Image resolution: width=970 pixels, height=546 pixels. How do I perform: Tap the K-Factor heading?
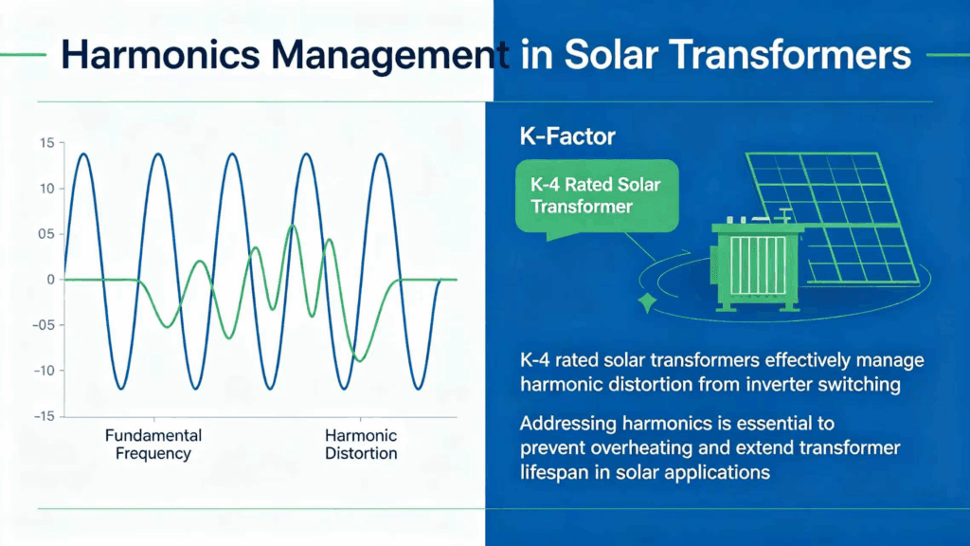567,137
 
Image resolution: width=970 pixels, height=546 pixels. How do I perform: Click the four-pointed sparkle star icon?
648,303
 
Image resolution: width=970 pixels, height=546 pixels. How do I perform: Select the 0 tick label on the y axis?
49,280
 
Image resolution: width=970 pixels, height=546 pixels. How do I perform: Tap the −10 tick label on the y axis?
41,371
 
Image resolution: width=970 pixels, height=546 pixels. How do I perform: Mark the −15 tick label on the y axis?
41,416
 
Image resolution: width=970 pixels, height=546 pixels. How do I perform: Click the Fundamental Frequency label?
153,445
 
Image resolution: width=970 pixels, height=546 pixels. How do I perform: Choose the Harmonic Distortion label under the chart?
361,445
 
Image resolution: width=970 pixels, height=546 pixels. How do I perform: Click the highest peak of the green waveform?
292,226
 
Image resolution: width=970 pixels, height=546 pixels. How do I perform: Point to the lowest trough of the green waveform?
358,360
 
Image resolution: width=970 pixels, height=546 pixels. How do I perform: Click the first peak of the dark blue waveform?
83,154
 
